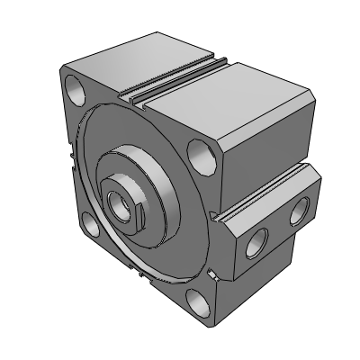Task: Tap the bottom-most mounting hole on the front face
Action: tap(198, 301)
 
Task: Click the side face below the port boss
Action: tap(270, 279)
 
